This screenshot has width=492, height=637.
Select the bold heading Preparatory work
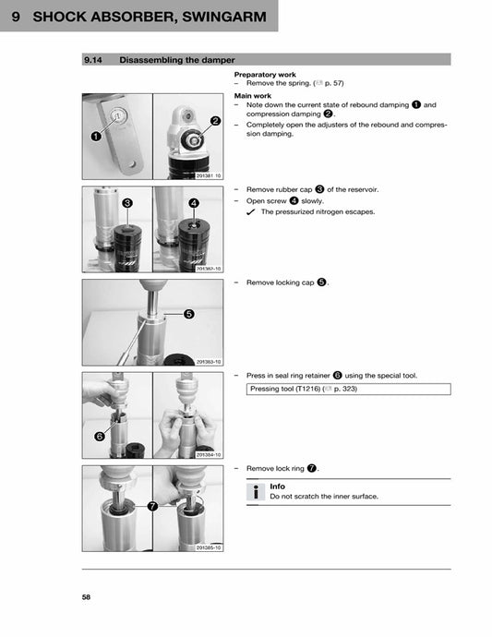click(265, 74)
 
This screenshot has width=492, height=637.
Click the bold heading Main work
click(253, 95)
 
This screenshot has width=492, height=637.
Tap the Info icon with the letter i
click(258, 492)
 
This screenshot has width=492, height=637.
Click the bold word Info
click(277, 487)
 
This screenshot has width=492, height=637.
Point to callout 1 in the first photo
click(96, 136)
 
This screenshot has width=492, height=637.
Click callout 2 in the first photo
click(215, 121)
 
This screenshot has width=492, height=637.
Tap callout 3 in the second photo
click(126, 202)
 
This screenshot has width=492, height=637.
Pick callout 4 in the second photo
click(194, 202)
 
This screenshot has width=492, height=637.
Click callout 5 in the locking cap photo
click(189, 314)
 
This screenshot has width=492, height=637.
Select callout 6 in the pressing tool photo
click(98, 436)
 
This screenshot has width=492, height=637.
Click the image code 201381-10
click(209, 175)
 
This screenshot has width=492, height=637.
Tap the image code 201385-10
click(209, 547)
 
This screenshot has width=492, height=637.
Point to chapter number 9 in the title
click(16, 17)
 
